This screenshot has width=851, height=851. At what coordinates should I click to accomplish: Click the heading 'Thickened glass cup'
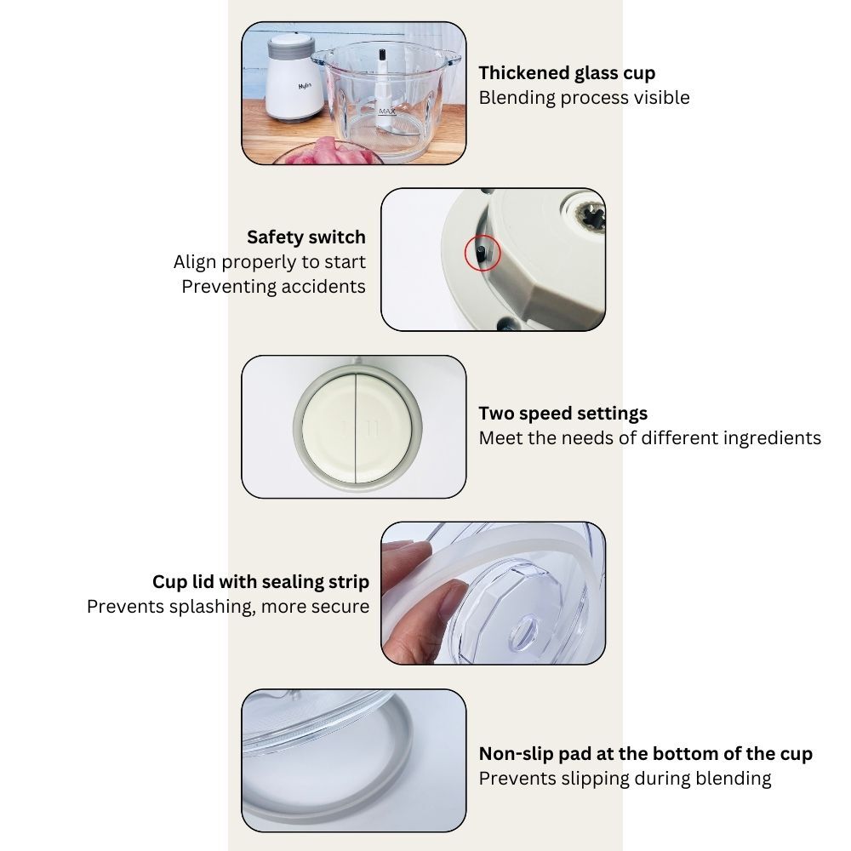pos(567,72)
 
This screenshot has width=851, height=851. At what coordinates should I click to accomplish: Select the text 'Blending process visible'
pos(584,98)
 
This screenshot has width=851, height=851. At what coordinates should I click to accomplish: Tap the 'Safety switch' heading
pos(306,237)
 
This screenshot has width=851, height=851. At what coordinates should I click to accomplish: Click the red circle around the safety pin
pos(482,253)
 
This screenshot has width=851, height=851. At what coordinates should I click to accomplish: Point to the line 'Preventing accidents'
pos(273,287)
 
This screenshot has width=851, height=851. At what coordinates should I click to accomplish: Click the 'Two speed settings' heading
pos(563,414)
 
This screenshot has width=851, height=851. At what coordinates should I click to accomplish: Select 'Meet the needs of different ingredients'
pos(649,438)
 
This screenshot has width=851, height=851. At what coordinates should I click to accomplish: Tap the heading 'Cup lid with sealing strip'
pos(260,582)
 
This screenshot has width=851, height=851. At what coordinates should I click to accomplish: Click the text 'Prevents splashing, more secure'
pos(228,607)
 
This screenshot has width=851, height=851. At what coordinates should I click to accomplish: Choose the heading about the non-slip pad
pos(645,754)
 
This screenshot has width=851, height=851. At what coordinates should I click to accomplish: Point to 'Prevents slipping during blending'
pos(625,779)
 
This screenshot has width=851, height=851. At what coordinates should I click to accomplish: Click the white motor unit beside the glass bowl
pos(294,77)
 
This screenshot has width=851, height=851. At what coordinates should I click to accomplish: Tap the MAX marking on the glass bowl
pos(387,111)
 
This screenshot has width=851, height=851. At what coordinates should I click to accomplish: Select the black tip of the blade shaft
pos(382,54)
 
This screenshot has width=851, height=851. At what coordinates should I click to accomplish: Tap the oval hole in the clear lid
pos(524,633)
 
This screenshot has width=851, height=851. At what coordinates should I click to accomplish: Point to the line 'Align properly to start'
pos(270,262)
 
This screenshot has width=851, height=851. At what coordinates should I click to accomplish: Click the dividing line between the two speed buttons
pos(356,428)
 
